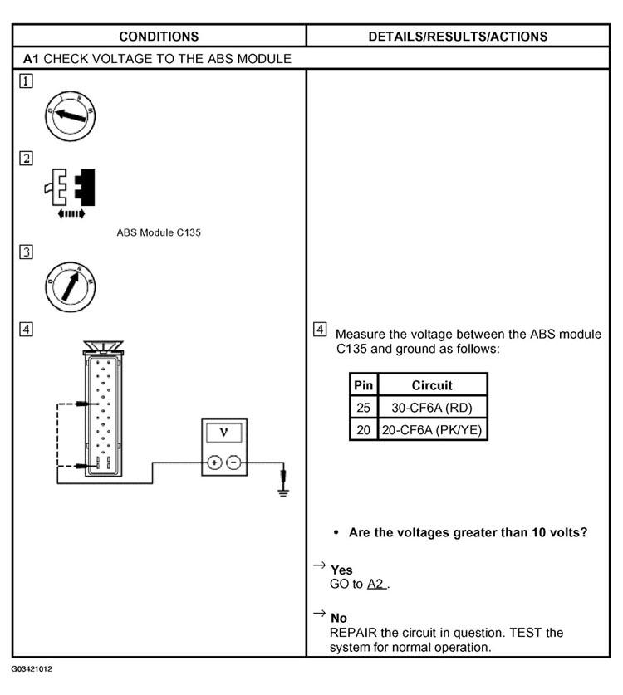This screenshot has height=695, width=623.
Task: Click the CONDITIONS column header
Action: pos(159,36)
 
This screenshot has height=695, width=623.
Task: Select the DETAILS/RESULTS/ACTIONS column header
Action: pos(457,36)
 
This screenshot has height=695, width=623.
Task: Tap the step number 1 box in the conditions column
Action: pos(27,81)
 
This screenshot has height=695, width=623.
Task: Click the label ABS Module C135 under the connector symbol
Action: pos(158,232)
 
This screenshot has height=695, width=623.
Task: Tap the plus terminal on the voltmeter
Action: pos(213,463)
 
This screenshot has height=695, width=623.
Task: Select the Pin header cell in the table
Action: pos(363,385)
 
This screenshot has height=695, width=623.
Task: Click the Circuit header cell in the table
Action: pos(432,385)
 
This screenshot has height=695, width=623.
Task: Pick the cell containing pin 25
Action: pos(363,408)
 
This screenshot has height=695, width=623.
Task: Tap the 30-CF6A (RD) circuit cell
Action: pos(432,408)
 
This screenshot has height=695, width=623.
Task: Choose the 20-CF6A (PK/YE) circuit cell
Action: pos(432,429)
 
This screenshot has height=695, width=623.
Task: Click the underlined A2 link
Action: pos(378,585)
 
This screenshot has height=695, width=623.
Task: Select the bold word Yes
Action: pos(341,570)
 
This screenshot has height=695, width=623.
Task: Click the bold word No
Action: pos(339,619)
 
